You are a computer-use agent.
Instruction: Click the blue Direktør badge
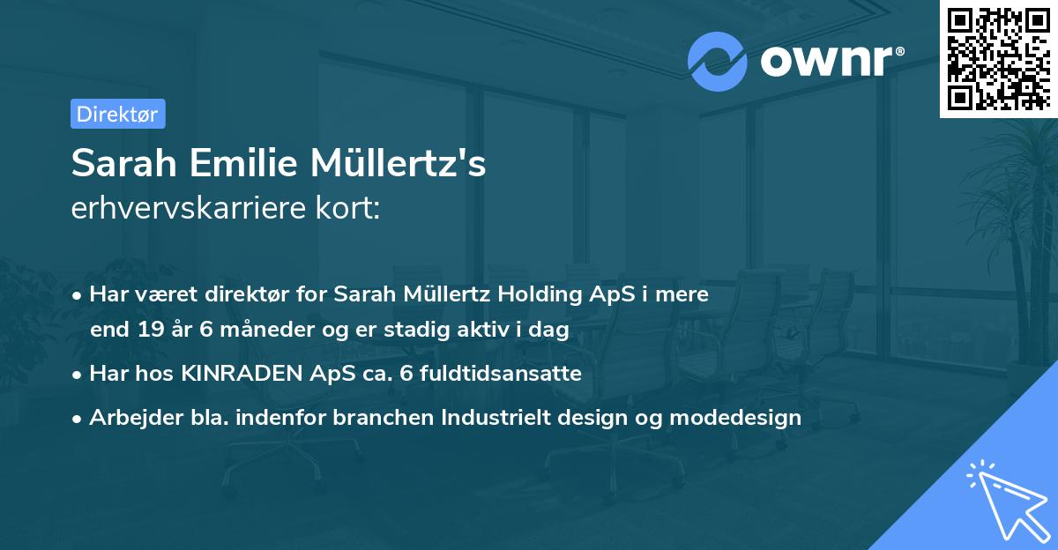117,114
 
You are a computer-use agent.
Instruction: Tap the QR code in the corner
997,58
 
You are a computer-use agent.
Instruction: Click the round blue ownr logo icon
718,60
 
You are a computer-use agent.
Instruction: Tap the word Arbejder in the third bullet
127,417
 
